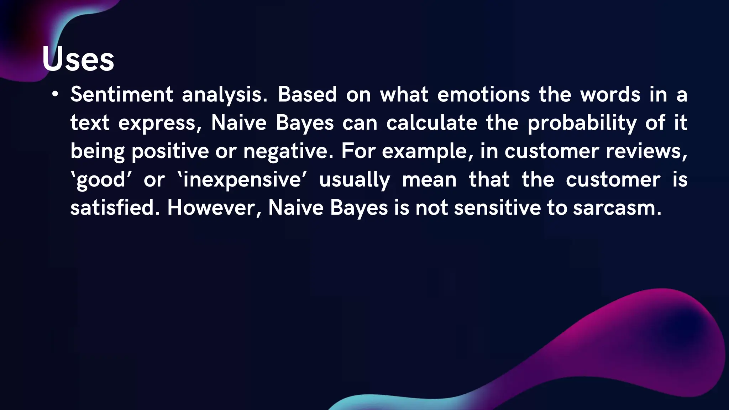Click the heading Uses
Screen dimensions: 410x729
point(78,59)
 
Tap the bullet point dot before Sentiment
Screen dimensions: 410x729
point(55,94)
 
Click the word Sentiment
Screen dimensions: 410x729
point(122,95)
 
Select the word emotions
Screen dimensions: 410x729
point(483,95)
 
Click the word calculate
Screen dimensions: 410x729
point(432,123)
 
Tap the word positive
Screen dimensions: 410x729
point(170,152)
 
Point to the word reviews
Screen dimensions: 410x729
point(646,151)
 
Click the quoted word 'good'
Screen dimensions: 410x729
point(101,180)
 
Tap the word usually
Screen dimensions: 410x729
point(355,180)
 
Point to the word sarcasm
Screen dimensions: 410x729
point(617,208)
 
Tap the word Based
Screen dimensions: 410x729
point(307,95)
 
